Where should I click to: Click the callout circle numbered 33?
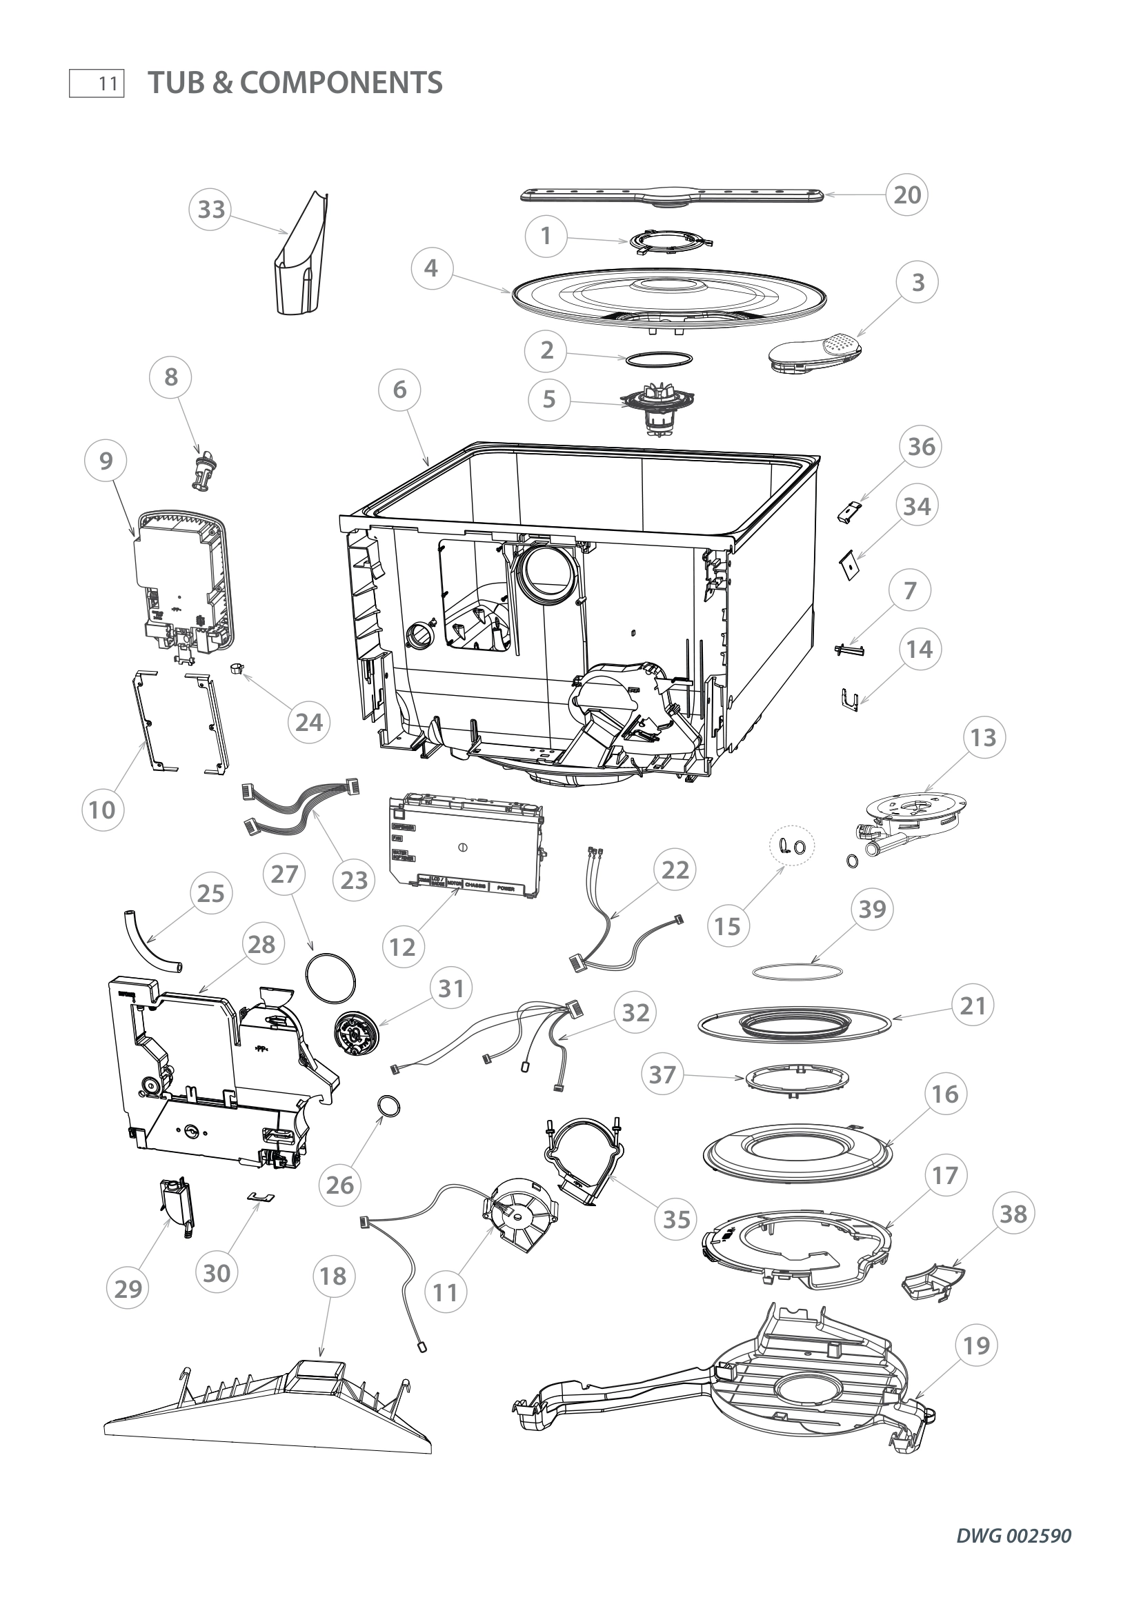point(212,210)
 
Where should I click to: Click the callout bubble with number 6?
point(400,389)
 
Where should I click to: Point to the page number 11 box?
point(97,83)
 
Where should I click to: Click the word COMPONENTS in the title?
point(341,83)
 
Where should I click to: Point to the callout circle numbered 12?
point(404,947)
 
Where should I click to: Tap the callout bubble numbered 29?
point(128,1288)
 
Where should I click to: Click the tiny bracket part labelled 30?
point(259,1197)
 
